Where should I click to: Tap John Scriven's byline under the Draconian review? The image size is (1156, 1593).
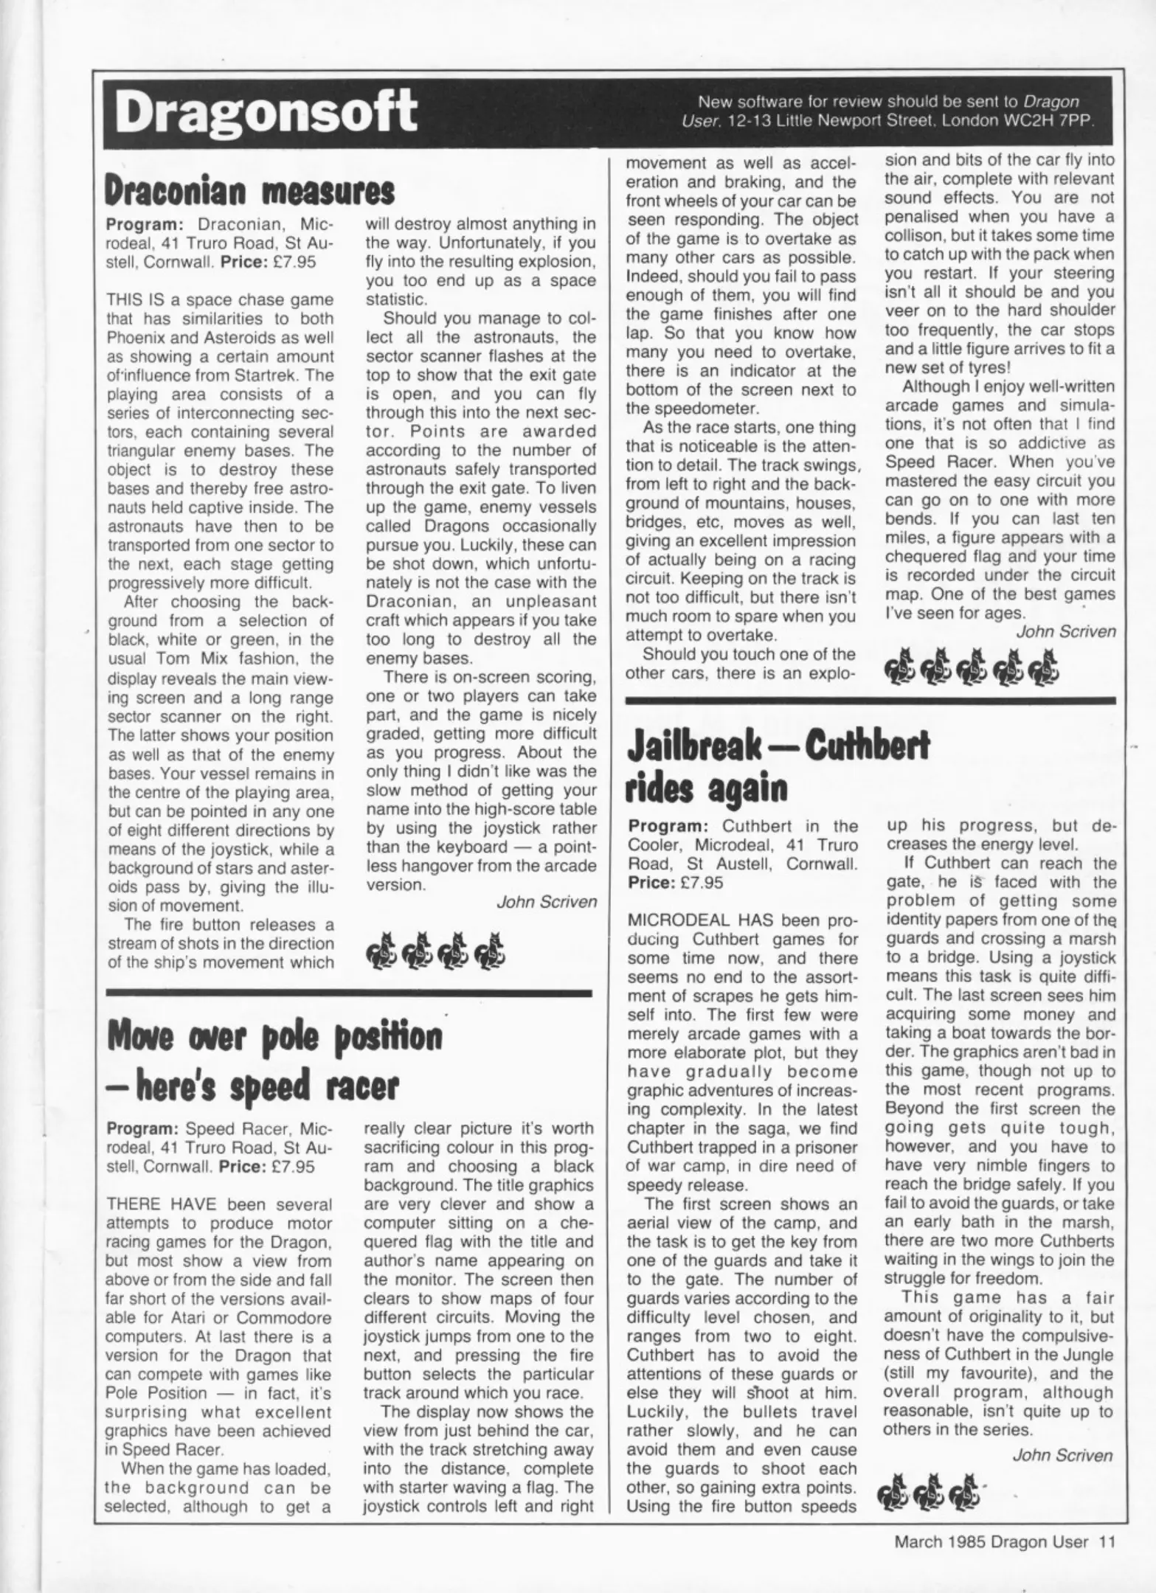546,902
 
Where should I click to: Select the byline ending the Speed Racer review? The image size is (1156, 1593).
1065,631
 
